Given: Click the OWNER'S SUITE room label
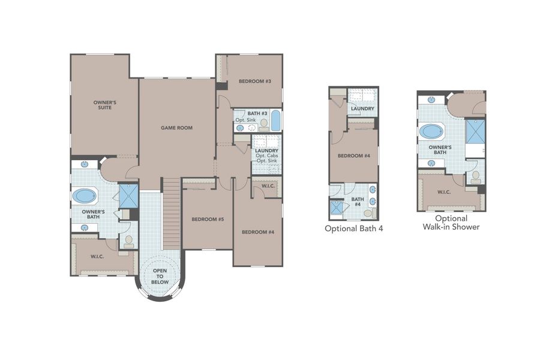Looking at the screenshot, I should tap(104, 106).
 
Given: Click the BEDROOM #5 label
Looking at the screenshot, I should tap(208, 220).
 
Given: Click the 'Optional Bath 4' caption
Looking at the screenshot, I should tap(353, 229).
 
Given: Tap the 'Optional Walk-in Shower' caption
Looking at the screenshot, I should tap(451, 223).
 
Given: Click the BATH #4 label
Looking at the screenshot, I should tap(358, 202).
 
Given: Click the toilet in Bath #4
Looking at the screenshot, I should tap(368, 212).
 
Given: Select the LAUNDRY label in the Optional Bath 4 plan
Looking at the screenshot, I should tap(363, 109).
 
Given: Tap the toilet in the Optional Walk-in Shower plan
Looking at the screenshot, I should tap(476, 176).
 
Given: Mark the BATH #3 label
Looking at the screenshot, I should tap(257, 113).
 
